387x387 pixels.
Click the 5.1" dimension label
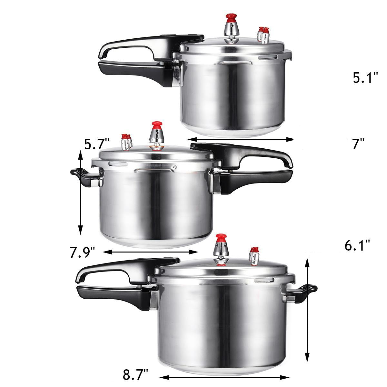click(x=365, y=78)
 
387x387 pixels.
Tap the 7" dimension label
click(x=358, y=144)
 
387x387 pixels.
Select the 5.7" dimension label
click(x=97, y=144)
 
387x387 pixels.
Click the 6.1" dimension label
click(x=357, y=246)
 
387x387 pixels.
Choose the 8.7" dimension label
click(x=135, y=376)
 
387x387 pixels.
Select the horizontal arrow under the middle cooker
click(x=150, y=252)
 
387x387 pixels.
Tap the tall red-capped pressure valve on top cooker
click(x=231, y=32)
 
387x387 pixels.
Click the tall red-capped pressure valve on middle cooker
click(x=157, y=135)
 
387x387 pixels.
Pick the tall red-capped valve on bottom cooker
click(x=221, y=249)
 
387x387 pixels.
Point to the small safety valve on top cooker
click(x=263, y=35)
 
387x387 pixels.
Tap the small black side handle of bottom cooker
click(x=304, y=292)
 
